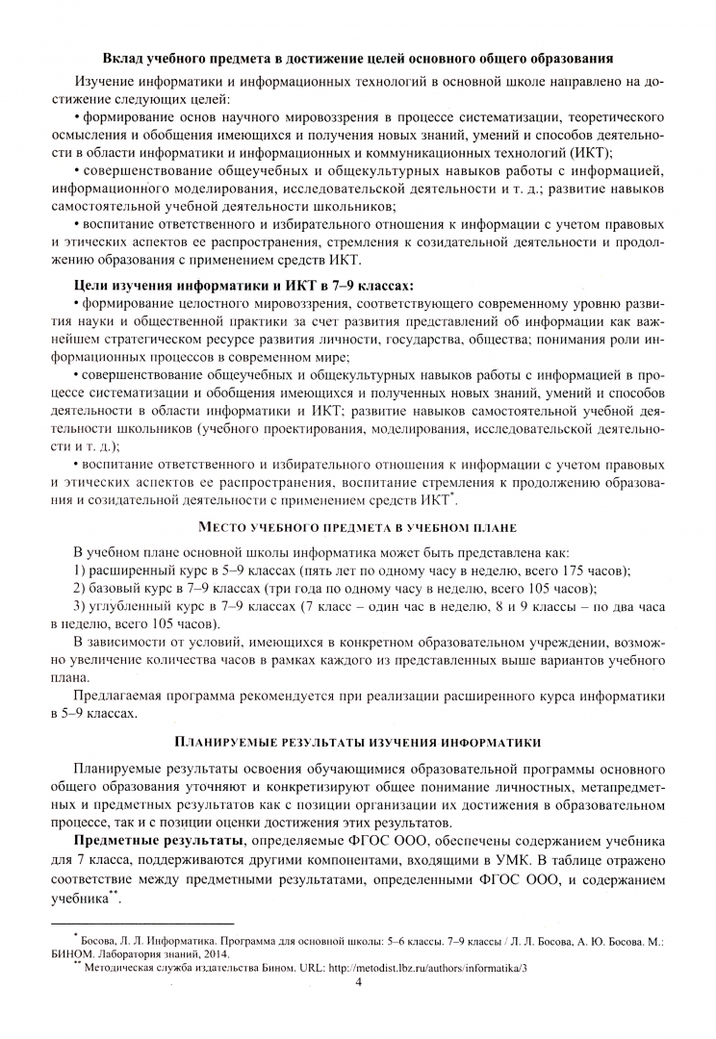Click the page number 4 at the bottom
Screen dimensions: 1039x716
tap(358, 982)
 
